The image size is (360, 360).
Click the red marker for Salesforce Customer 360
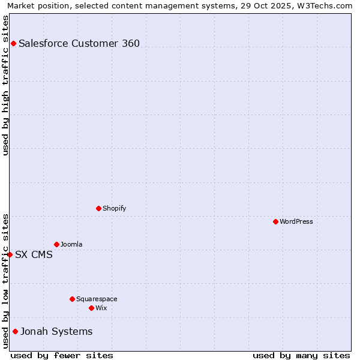click(13, 43)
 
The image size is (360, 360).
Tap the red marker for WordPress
click(275, 221)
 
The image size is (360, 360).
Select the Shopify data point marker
click(98, 208)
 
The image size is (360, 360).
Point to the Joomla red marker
click(56, 244)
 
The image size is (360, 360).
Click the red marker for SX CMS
click(10, 254)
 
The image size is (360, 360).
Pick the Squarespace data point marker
click(72, 299)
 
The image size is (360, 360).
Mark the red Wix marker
click(91, 308)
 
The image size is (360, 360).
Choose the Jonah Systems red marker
click(15, 331)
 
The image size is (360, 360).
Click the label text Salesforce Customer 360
click(79, 43)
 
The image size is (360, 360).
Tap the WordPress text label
click(296, 221)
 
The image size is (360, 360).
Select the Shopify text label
click(114, 208)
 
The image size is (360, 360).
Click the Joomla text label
click(71, 244)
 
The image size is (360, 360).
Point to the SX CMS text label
click(34, 254)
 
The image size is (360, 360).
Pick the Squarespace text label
click(97, 299)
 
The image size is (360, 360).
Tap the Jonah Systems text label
click(56, 331)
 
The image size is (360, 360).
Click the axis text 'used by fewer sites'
click(62, 355)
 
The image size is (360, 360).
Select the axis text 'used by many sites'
click(301, 355)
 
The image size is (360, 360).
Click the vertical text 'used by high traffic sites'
click(5, 85)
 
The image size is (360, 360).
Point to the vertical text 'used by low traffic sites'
click(5, 281)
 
